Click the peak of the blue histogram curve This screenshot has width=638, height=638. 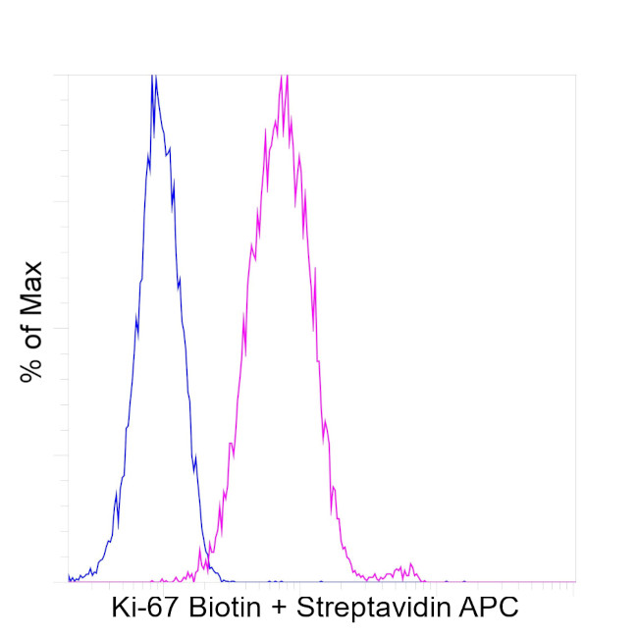pos(153,78)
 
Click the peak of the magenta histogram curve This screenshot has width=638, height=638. pos(283,78)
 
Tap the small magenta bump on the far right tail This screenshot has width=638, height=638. pos(402,567)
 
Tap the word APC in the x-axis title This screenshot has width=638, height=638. pos(490,609)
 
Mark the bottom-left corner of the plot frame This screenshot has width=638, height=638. pos(68,582)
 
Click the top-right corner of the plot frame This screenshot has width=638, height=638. pos(575,75)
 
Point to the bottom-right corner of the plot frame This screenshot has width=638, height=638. pos(575,582)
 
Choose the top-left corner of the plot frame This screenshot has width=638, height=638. pos(68,75)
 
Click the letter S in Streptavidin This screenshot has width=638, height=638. pos(304,609)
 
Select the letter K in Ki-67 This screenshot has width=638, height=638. pos(120,609)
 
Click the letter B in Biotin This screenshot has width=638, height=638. pos(189,609)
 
